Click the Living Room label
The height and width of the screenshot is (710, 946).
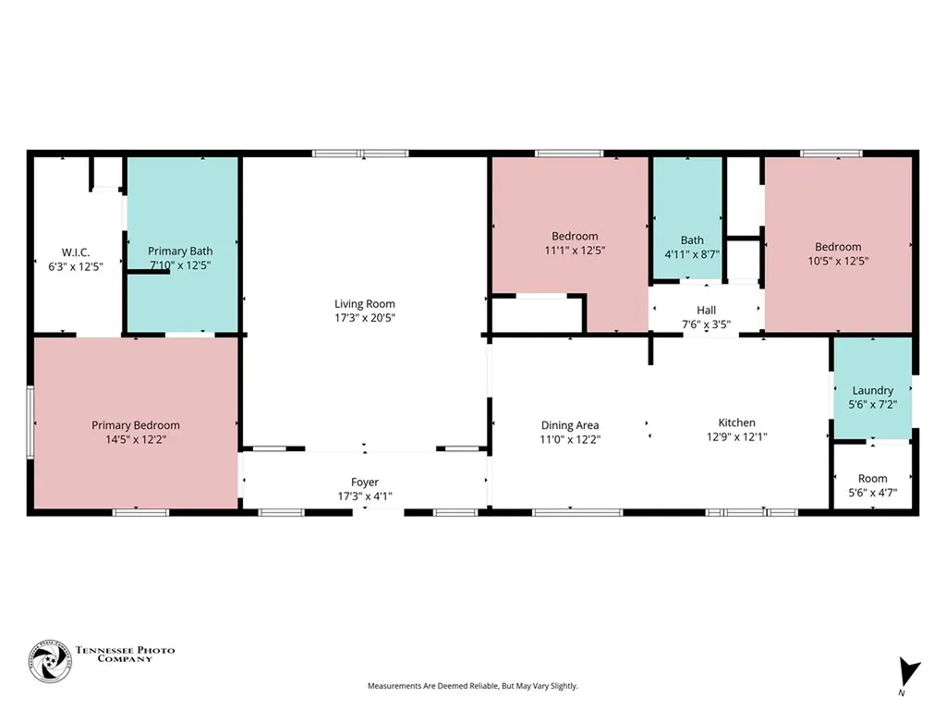pyautogui.click(x=364, y=303)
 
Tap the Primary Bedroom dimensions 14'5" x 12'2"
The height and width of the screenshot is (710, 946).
pyautogui.click(x=136, y=439)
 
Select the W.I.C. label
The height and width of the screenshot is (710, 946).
pyautogui.click(x=76, y=252)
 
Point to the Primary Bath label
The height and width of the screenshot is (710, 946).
pyautogui.click(x=180, y=251)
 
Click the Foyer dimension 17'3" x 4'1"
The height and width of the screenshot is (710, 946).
pyautogui.click(x=364, y=496)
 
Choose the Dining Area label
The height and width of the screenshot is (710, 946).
pyautogui.click(x=569, y=425)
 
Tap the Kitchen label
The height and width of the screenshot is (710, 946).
pyautogui.click(x=736, y=422)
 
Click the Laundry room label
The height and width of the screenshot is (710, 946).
pyautogui.click(x=872, y=391)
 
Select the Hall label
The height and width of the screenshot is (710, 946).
pyautogui.click(x=707, y=311)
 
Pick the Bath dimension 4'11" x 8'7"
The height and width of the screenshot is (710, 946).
pyautogui.click(x=692, y=255)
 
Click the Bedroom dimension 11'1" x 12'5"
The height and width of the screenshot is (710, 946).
pyautogui.click(x=575, y=251)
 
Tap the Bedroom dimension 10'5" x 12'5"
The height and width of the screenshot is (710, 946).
pyautogui.click(x=838, y=261)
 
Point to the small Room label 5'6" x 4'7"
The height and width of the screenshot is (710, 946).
pyautogui.click(x=872, y=479)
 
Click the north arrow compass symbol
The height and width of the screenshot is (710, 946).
pyautogui.click(x=909, y=672)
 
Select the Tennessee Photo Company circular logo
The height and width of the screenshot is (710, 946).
pyautogui.click(x=50, y=661)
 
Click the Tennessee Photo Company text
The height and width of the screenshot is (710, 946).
pyautogui.click(x=125, y=654)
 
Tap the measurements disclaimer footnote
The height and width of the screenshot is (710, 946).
pyautogui.click(x=472, y=686)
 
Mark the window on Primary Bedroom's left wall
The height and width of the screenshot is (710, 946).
pyautogui.click(x=30, y=422)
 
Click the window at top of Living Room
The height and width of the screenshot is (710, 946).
pyautogui.click(x=360, y=153)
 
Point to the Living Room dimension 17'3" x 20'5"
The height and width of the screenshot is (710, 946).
pyautogui.click(x=364, y=318)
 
